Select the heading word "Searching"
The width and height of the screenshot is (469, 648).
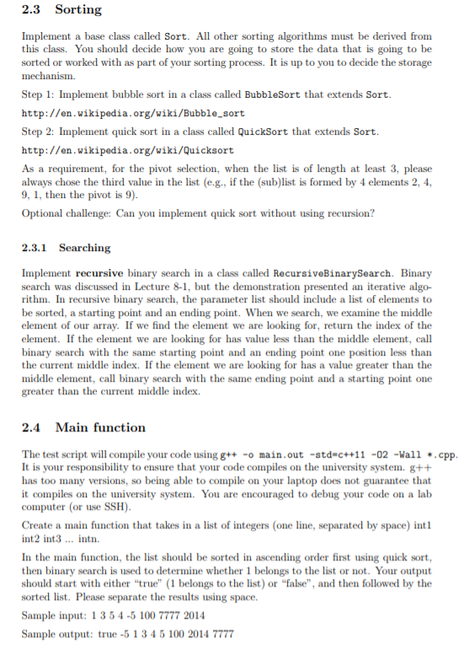pos(84,248)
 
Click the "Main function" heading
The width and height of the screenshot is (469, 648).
pos(100,427)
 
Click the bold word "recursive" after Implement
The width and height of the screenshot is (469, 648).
pos(104,274)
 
